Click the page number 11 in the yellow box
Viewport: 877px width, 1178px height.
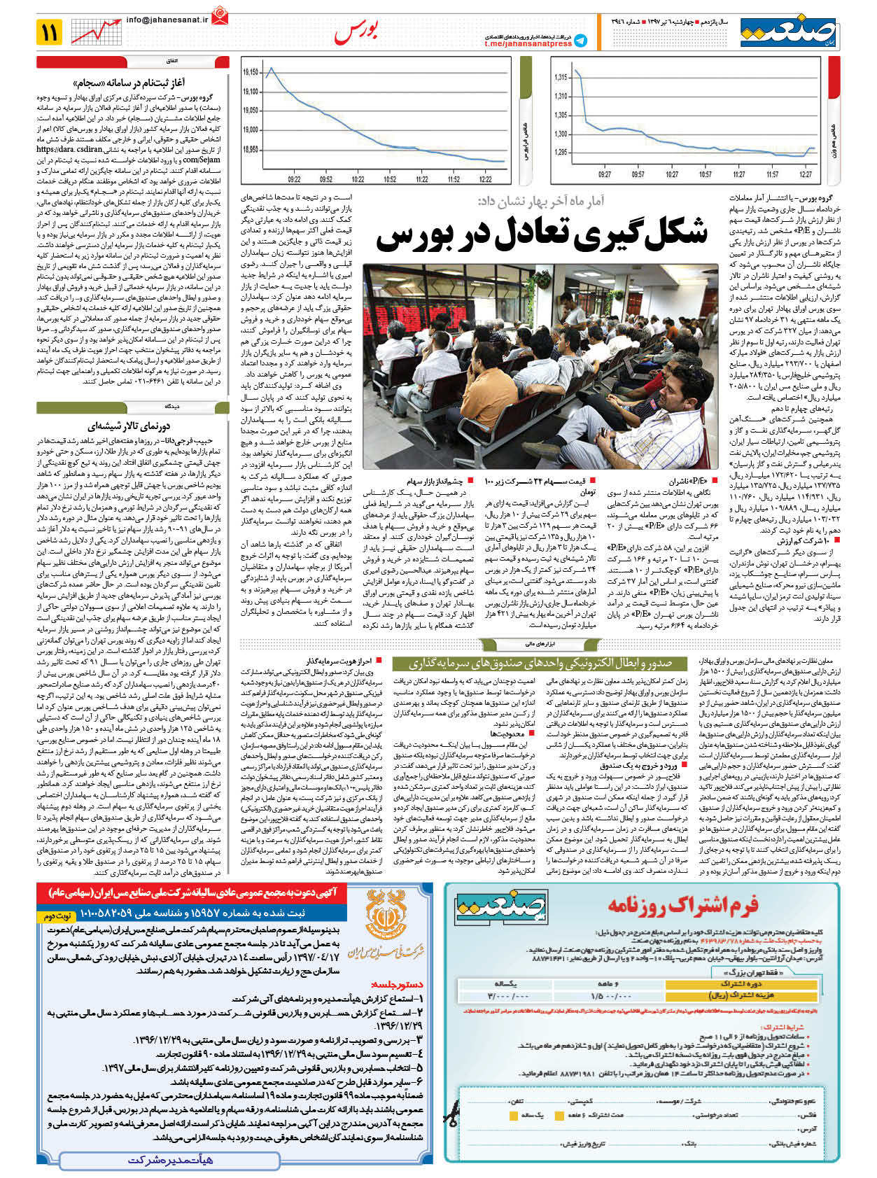tap(50, 31)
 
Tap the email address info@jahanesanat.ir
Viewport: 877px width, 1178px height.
tap(167, 20)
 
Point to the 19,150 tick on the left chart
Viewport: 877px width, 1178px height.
tap(250, 72)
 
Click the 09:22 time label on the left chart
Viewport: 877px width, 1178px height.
tap(294, 179)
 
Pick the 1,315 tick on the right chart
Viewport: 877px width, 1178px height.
tap(561, 78)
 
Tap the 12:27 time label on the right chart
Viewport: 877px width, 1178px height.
tap(806, 174)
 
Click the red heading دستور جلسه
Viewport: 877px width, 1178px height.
tap(398, 984)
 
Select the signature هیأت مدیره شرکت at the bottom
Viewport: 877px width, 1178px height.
tap(171, 1159)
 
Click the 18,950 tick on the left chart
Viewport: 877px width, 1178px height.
tap(250, 149)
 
